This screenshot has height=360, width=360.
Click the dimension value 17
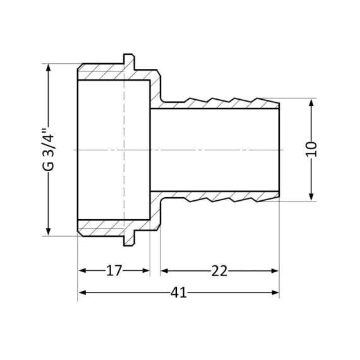pos(114,271)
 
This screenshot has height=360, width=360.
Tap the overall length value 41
pos(179,293)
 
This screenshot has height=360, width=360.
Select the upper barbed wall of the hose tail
pos(221,102)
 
